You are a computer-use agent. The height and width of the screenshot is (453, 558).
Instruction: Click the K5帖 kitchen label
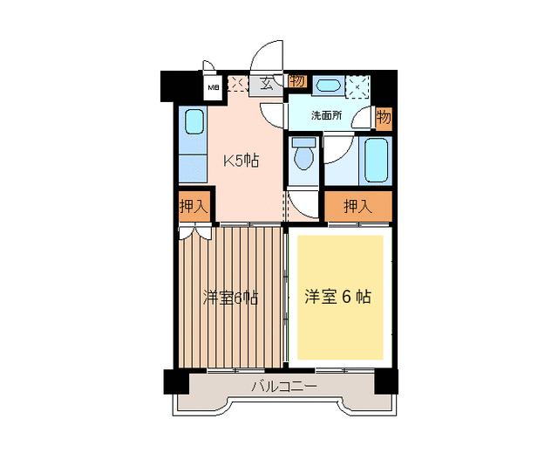(x=242, y=161)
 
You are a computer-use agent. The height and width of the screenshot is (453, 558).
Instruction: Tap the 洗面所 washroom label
(x=326, y=114)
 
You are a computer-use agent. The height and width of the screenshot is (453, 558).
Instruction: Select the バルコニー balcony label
(x=284, y=386)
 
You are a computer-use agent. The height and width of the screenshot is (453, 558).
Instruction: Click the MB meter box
(x=212, y=86)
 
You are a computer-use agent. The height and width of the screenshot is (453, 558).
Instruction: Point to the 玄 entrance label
(x=265, y=85)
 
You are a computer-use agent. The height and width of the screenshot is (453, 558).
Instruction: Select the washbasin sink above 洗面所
(x=327, y=86)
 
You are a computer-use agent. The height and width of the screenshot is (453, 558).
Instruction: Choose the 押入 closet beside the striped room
(x=194, y=207)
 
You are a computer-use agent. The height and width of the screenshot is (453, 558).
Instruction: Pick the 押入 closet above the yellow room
(x=357, y=207)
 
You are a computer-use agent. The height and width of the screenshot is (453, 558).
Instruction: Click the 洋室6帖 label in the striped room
(x=230, y=297)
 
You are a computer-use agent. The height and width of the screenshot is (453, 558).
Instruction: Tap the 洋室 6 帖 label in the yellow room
(x=338, y=297)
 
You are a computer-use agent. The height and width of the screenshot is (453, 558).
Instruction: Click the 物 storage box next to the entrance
(x=297, y=82)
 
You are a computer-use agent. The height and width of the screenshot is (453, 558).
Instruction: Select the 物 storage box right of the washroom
(x=384, y=116)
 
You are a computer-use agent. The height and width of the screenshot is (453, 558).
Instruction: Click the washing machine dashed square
(x=358, y=86)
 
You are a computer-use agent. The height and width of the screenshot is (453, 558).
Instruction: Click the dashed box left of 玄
(x=237, y=85)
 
